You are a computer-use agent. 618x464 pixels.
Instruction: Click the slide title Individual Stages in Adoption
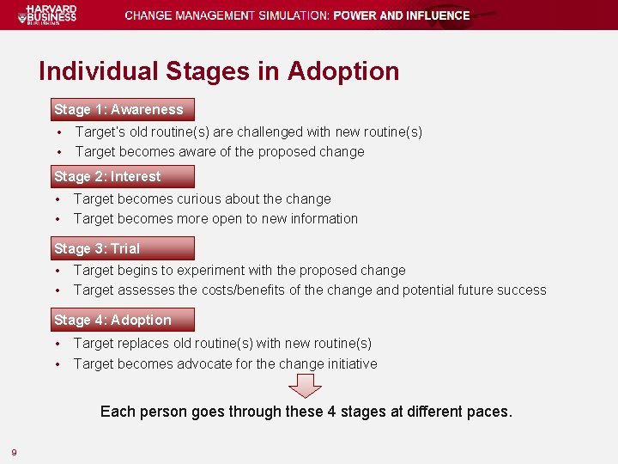219,70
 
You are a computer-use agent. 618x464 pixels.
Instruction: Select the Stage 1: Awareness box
121,109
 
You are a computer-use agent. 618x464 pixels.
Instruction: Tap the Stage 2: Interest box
121,176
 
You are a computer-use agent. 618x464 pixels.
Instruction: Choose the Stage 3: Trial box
121,248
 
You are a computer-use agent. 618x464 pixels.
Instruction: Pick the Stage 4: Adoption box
121,320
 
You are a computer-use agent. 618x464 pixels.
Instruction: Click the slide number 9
15,452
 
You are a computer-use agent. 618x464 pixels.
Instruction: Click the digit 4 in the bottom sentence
331,412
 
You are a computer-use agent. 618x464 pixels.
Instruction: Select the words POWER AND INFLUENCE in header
401,15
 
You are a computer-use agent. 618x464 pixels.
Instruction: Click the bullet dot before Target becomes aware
58,152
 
